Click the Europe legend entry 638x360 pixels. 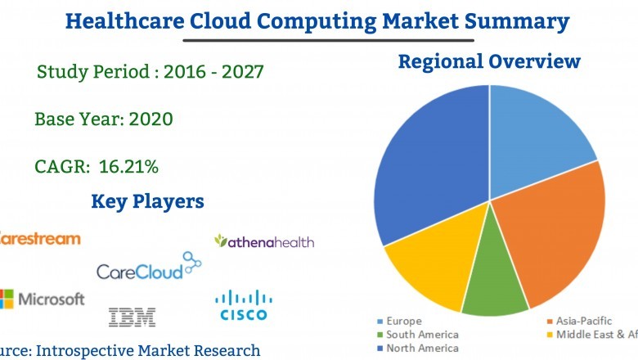(405, 322)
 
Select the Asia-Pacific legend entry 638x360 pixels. (577, 322)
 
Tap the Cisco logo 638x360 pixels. (244, 306)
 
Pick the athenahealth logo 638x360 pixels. (264, 241)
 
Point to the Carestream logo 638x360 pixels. (41, 239)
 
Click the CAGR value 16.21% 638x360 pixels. (128, 167)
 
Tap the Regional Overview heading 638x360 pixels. (489, 61)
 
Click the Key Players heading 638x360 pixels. (147, 201)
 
